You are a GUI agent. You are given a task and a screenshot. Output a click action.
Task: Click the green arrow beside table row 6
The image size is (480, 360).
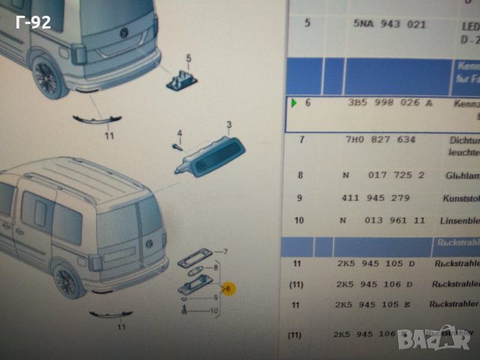point(295,103)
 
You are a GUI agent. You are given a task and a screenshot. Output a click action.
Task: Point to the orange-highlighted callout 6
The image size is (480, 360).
point(229,288)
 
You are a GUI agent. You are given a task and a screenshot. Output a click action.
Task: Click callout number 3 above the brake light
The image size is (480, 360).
point(229,124)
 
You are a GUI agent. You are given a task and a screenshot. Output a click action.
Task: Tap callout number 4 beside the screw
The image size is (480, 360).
point(180,133)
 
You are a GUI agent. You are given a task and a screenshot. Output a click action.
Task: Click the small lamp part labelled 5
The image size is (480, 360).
point(180,76)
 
